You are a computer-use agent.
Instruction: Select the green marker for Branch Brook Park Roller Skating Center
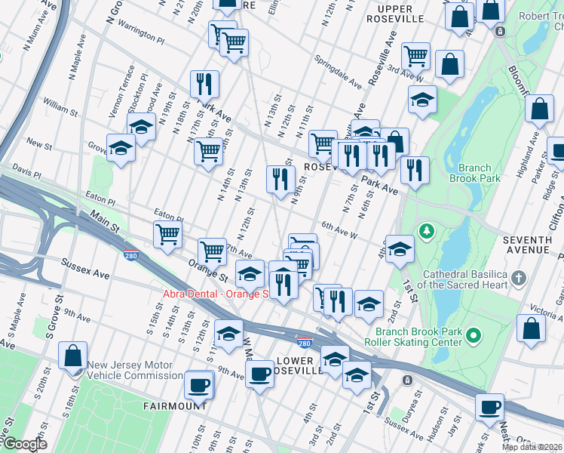click(x=474, y=334)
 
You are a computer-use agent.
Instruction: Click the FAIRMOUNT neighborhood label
click(x=175, y=405)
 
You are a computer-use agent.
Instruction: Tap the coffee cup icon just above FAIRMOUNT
click(x=199, y=385)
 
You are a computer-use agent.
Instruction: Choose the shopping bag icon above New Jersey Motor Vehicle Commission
click(x=73, y=356)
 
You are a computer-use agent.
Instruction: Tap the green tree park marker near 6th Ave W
click(x=427, y=230)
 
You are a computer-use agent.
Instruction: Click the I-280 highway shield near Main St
click(x=131, y=257)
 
